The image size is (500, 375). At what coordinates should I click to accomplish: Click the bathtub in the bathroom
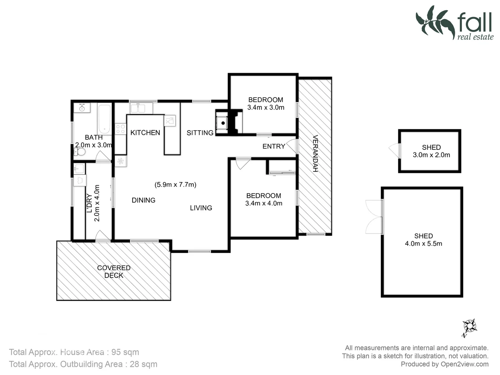(104, 119)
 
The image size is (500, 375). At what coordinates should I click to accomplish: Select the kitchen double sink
(141, 108)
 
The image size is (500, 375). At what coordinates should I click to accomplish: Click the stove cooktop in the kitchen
(120, 129)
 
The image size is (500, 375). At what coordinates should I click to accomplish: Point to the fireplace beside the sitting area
(223, 123)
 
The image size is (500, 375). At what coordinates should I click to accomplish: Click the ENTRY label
(274, 146)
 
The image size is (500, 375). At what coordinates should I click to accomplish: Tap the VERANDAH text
(315, 153)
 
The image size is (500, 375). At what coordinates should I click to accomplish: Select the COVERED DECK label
(114, 272)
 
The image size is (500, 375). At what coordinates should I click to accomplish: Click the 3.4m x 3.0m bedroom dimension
(266, 108)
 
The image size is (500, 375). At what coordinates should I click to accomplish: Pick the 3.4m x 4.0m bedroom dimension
(264, 203)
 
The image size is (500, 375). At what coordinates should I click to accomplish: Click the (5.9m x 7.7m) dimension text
(175, 185)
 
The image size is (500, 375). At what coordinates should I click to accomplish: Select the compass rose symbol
(470, 327)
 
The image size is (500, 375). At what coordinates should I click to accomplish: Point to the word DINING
(143, 200)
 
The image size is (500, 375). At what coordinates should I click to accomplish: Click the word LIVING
(201, 208)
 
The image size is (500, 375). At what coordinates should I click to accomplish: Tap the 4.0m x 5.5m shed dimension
(423, 244)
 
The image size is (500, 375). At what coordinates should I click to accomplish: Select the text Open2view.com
(464, 364)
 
